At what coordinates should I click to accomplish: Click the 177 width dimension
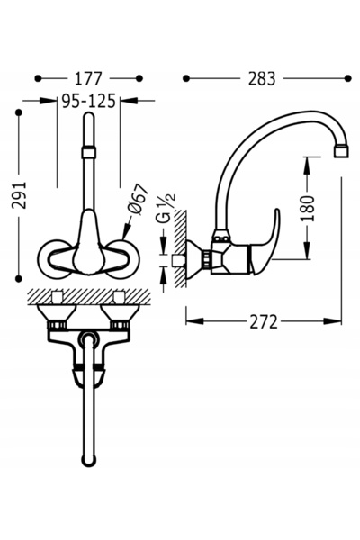88,79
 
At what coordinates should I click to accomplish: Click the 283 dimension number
262,79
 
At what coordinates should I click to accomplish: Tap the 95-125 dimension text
88,101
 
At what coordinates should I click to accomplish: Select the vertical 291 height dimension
19,195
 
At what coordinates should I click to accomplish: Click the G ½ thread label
167,208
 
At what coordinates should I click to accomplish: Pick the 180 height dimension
308,209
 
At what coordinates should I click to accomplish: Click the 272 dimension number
263,321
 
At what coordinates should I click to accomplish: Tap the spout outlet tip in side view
341,151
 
